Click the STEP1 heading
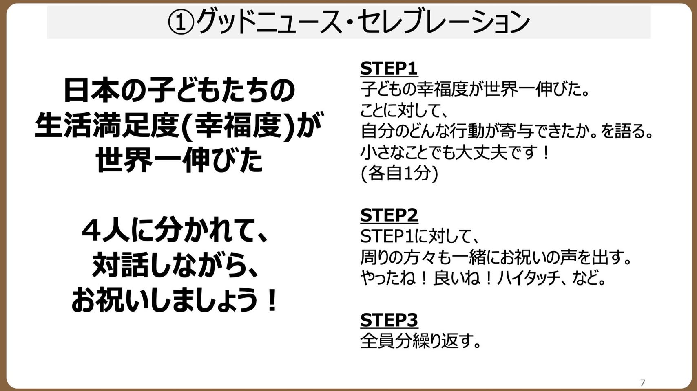pos(389,68)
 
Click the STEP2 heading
pos(389,215)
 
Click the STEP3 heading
pos(389,320)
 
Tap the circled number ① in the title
pos(181,22)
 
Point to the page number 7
pos(642,382)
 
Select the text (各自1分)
pos(399,173)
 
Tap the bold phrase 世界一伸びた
pos(179,160)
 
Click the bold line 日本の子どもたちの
pos(179,90)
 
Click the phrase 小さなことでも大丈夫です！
pos(455,152)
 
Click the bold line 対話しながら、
pos(175,266)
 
